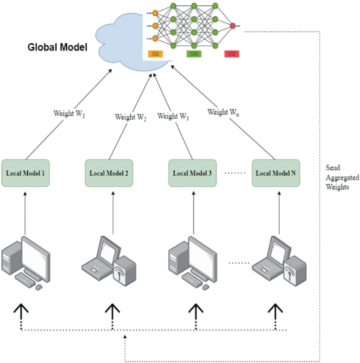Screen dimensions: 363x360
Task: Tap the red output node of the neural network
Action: coord(233,25)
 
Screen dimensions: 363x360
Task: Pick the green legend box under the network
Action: coord(194,53)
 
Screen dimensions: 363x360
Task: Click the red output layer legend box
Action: coord(232,53)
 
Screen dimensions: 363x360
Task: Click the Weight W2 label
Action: coord(130,117)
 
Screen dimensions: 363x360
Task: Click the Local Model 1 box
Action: coord(26,173)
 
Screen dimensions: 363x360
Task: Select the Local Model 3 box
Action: coord(192,173)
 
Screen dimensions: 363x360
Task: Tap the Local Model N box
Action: coord(275,173)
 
